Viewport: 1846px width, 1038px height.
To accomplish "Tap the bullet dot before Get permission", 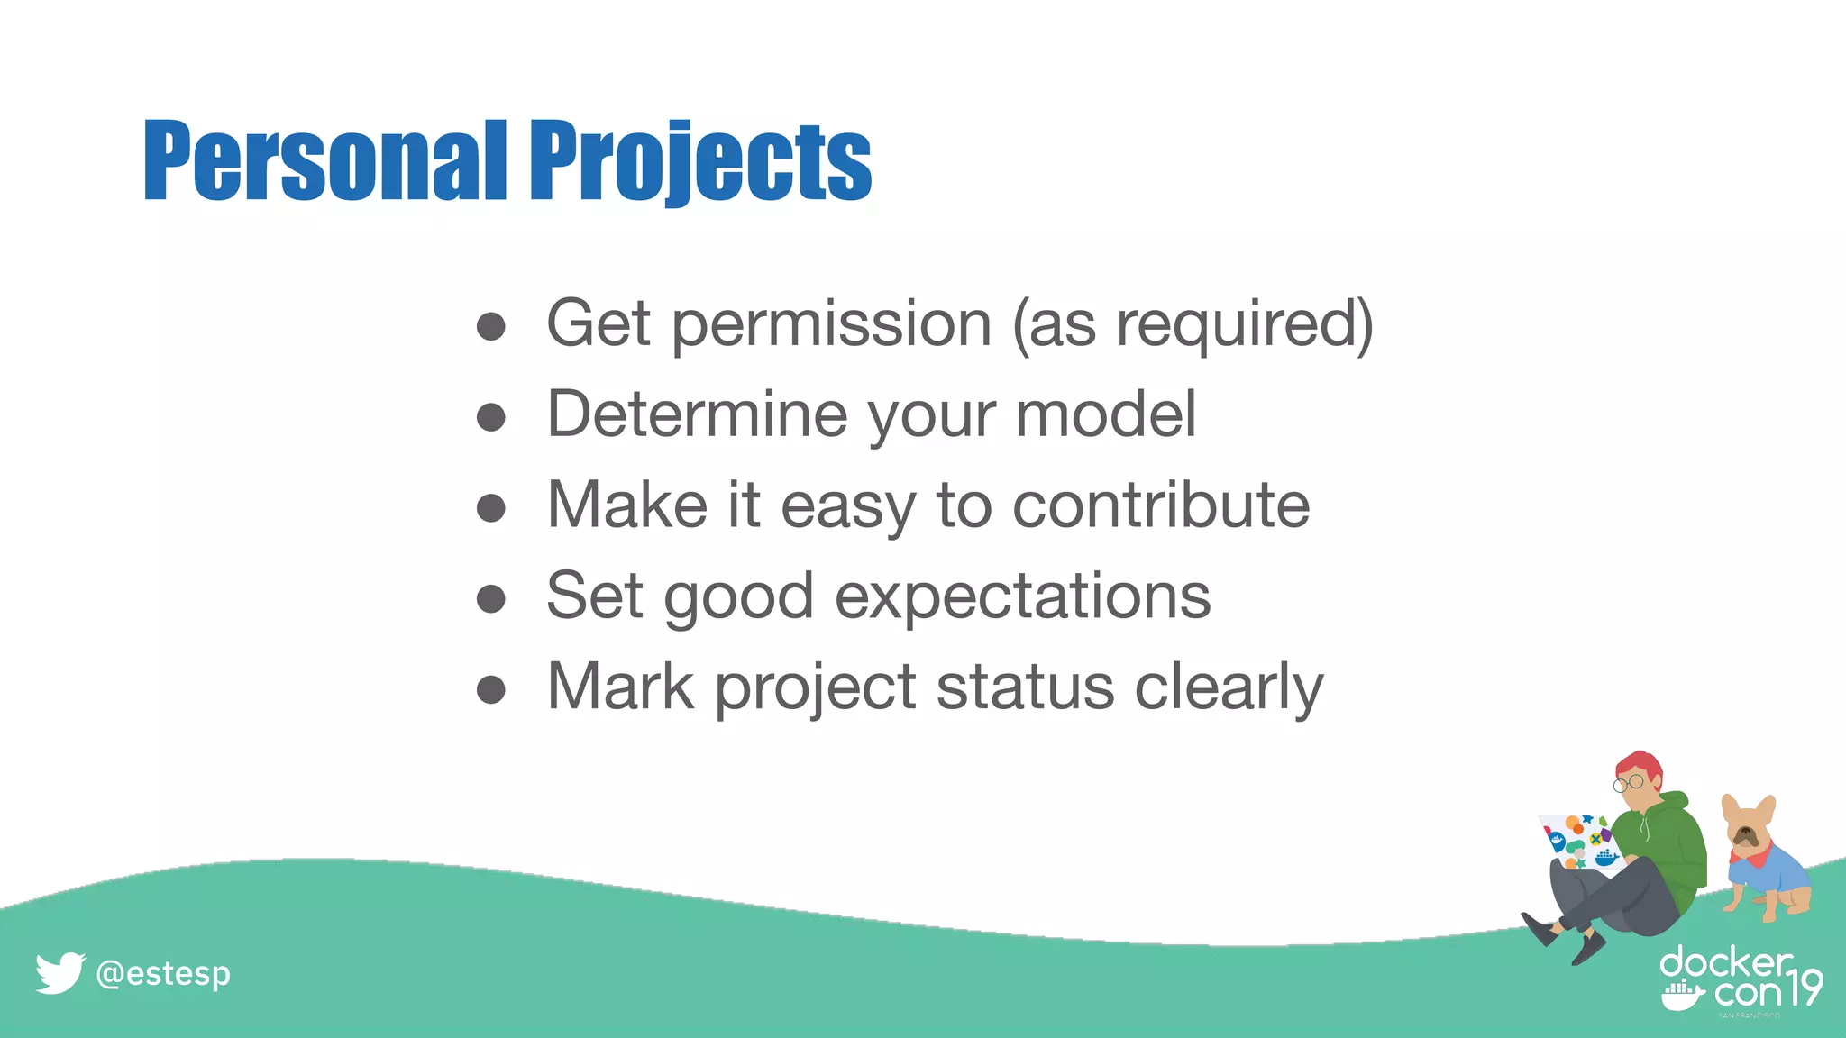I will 490,326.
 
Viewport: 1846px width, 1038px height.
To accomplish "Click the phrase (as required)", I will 1192,323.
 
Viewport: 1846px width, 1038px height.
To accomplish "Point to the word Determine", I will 697,414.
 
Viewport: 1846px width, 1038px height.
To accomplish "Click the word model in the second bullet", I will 1105,414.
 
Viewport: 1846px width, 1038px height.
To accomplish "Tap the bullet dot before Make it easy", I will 490,508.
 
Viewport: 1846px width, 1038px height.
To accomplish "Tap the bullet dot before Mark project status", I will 490,690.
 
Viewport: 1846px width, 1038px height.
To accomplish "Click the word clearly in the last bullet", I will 1228,687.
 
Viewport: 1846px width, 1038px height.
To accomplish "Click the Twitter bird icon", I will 59,973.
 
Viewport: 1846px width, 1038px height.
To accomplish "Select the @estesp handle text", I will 163,974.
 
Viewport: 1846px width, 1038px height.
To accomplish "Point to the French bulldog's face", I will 1746,833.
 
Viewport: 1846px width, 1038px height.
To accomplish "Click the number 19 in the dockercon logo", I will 1805,988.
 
